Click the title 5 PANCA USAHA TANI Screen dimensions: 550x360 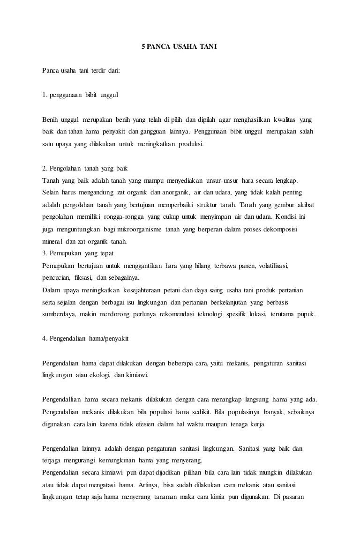pyautogui.click(x=180, y=47)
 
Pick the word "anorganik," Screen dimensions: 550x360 pyautogui.click(x=173, y=193)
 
